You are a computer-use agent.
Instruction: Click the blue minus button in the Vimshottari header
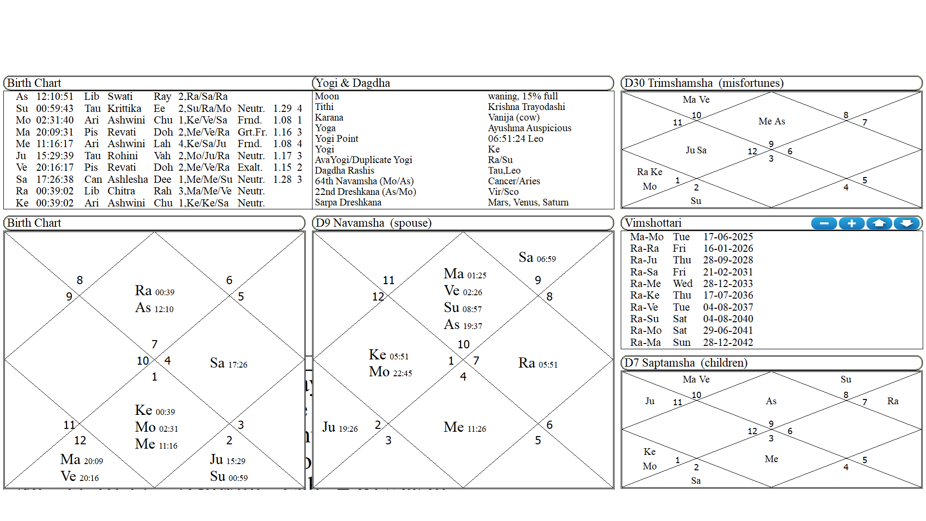tap(824, 223)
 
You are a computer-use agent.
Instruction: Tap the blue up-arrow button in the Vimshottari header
tap(879, 223)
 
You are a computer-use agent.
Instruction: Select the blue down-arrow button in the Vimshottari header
tap(907, 223)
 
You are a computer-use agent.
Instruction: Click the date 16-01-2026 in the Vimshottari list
tap(728, 248)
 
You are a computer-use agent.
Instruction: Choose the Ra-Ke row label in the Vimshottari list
tap(644, 295)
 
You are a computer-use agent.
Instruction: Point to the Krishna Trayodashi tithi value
tap(526, 107)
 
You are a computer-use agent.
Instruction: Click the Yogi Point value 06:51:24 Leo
tap(515, 138)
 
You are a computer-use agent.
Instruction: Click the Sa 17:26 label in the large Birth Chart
tap(229, 363)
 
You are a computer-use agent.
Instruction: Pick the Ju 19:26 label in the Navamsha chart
tap(340, 427)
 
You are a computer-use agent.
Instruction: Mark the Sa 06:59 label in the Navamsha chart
tap(537, 258)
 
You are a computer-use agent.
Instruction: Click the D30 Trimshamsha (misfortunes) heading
tap(704, 83)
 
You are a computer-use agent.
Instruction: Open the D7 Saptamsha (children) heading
tap(685, 363)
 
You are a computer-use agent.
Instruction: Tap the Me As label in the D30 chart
tap(772, 122)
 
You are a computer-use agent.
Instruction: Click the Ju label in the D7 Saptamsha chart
tap(650, 401)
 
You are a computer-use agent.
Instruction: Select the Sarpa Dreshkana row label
tap(348, 203)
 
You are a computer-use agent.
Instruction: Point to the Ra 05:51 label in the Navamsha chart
tap(538, 363)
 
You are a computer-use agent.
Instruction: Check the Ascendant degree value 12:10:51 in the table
tap(54, 96)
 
